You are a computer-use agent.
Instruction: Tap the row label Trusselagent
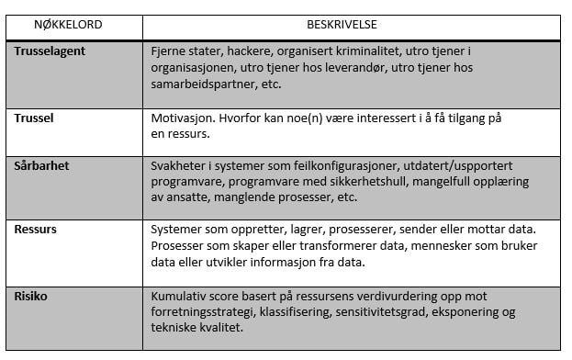tap(50, 51)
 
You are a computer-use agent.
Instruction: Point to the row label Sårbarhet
tap(41, 166)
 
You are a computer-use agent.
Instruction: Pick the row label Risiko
tap(32, 296)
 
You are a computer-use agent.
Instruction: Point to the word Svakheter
tap(180, 166)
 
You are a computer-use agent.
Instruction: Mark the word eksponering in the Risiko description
tap(490, 313)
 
